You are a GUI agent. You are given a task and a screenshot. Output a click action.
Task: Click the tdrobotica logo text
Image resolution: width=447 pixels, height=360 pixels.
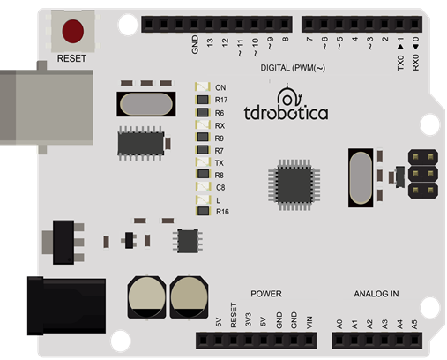[x=286, y=113]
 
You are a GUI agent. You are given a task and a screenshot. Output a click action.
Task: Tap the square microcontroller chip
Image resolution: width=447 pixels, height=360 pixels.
[x=294, y=184]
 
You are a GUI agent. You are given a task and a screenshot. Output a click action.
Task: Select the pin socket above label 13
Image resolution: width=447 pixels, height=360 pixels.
[x=209, y=24]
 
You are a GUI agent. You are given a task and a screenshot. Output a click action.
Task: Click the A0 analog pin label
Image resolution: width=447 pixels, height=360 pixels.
[x=339, y=324]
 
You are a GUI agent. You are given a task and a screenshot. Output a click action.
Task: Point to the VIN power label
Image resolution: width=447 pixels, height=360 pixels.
[x=309, y=323]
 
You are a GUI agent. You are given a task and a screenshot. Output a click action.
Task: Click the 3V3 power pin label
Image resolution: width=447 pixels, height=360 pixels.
[x=249, y=319]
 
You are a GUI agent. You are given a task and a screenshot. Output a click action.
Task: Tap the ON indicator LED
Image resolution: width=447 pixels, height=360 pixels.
[x=203, y=87]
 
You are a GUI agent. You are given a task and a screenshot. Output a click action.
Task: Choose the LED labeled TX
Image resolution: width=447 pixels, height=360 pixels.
[x=203, y=162]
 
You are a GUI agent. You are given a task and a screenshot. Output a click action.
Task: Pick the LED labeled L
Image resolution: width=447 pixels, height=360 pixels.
[x=204, y=200]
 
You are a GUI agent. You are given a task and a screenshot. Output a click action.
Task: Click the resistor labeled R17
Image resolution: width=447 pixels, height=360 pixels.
[x=203, y=100]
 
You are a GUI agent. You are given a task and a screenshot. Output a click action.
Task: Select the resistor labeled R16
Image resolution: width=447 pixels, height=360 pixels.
[x=204, y=211]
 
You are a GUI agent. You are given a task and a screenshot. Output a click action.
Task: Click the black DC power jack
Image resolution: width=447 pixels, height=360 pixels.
[x=66, y=306]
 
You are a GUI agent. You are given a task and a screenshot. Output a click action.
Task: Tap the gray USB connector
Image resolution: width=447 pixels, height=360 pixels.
[x=47, y=108]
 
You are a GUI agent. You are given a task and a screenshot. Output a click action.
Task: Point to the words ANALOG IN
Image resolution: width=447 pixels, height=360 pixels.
[x=376, y=294]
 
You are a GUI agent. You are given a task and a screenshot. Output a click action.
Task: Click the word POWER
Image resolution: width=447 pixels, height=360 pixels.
[x=266, y=294]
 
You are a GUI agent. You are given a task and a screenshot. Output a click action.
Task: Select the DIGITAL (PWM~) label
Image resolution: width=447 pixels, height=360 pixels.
[x=293, y=68]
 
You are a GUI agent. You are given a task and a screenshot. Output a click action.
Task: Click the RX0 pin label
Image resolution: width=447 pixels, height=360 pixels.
[x=415, y=63]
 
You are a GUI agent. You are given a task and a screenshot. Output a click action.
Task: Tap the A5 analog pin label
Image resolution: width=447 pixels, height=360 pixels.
[x=414, y=325]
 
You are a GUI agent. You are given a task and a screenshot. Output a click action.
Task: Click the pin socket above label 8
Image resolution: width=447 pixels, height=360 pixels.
[x=285, y=24]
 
